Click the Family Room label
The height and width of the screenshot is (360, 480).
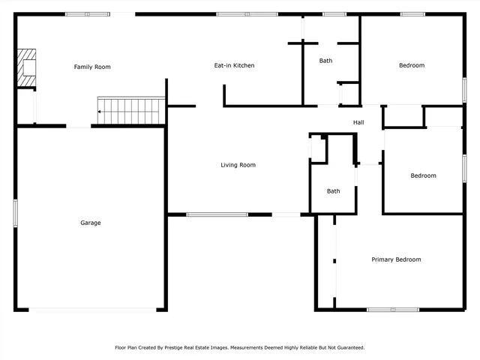tap(92, 67)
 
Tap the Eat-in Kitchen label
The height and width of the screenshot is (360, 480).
tap(234, 66)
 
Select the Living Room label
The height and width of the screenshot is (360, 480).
tap(238, 165)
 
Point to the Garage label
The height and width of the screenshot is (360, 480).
tap(91, 223)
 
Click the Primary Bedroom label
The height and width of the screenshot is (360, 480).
tap(396, 259)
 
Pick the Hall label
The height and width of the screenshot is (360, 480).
tap(358, 122)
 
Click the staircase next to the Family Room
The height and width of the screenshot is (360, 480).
tap(132, 111)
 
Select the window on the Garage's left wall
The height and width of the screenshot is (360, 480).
tap(15, 211)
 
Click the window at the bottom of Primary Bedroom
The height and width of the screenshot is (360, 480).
tap(392, 309)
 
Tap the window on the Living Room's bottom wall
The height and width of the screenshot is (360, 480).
tap(217, 215)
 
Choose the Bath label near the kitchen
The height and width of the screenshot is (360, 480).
tap(325, 61)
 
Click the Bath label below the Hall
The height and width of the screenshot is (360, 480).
tap(333, 191)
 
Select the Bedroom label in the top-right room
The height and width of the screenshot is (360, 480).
tap(411, 65)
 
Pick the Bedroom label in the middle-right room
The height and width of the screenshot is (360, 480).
tap(423, 175)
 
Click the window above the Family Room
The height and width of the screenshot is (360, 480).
tap(87, 14)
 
